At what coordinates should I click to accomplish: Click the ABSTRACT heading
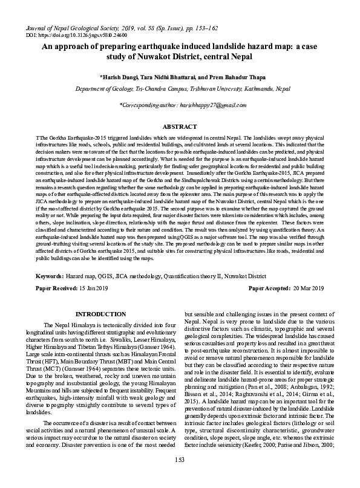pos(180,126)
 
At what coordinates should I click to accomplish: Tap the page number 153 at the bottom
pos(180,478)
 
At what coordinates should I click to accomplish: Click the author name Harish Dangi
pos(119,77)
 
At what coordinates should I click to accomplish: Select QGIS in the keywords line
pos(108,276)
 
